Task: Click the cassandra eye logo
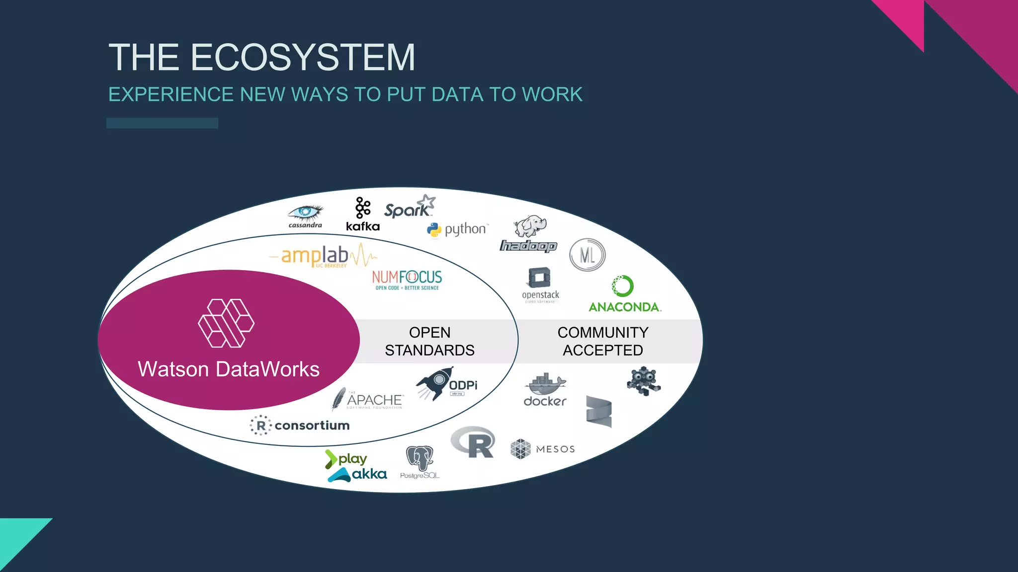click(x=305, y=215)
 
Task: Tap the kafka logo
click(x=363, y=214)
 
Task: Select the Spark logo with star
click(x=409, y=208)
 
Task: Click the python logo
click(x=457, y=229)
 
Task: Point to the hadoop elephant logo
click(x=528, y=234)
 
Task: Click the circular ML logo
click(x=587, y=255)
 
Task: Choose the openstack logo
click(x=540, y=285)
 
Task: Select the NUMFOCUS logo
click(x=407, y=280)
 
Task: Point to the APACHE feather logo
click(x=367, y=399)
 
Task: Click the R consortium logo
click(x=300, y=426)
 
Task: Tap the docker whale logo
click(x=545, y=390)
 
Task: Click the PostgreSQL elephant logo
click(x=420, y=462)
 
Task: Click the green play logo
click(x=346, y=459)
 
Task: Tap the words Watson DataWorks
click(x=229, y=369)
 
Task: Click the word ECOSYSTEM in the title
click(x=303, y=57)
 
